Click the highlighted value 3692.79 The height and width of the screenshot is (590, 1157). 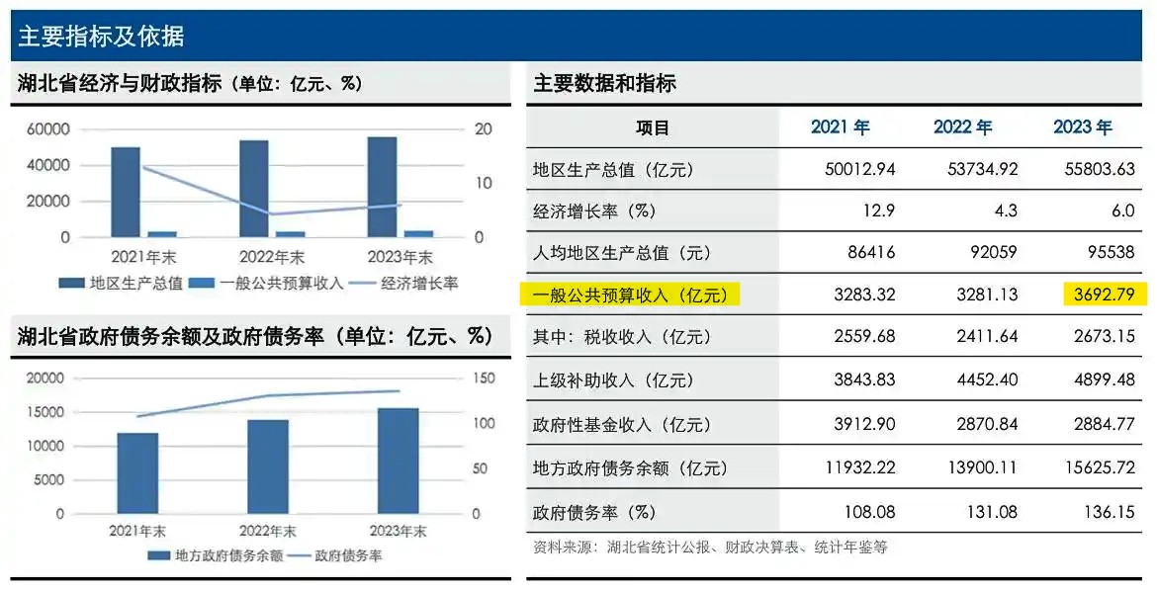point(1104,295)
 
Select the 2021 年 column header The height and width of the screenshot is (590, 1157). point(840,127)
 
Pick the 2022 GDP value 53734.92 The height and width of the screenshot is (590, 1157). point(975,169)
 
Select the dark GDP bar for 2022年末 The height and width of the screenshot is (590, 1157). point(253,188)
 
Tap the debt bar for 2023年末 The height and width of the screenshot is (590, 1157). point(398,461)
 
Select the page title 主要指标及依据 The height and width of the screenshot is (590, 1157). point(101,37)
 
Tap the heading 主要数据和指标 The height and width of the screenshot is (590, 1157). point(604,84)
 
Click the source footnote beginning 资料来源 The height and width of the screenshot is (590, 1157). point(709,547)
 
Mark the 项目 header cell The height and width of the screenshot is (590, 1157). point(652,127)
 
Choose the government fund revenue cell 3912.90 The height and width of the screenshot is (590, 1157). point(859,425)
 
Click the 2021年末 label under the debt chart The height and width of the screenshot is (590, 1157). point(137,532)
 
